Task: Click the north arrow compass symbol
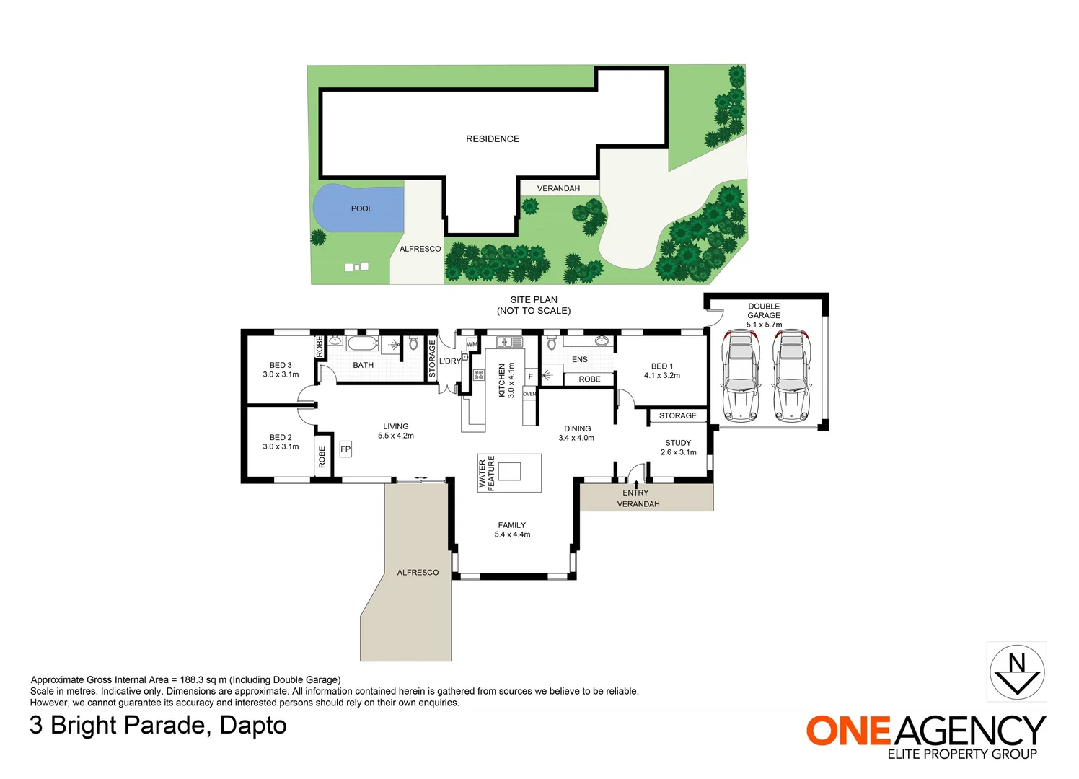1016,672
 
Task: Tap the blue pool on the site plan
358,208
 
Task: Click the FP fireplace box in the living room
345,449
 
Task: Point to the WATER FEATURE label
487,473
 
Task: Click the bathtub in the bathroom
362,343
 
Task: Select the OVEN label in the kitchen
529,394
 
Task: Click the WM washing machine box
472,344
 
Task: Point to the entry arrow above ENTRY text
636,484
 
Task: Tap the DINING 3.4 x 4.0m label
577,433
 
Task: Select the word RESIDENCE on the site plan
493,138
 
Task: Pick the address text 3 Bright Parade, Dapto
158,725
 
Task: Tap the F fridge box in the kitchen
530,377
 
